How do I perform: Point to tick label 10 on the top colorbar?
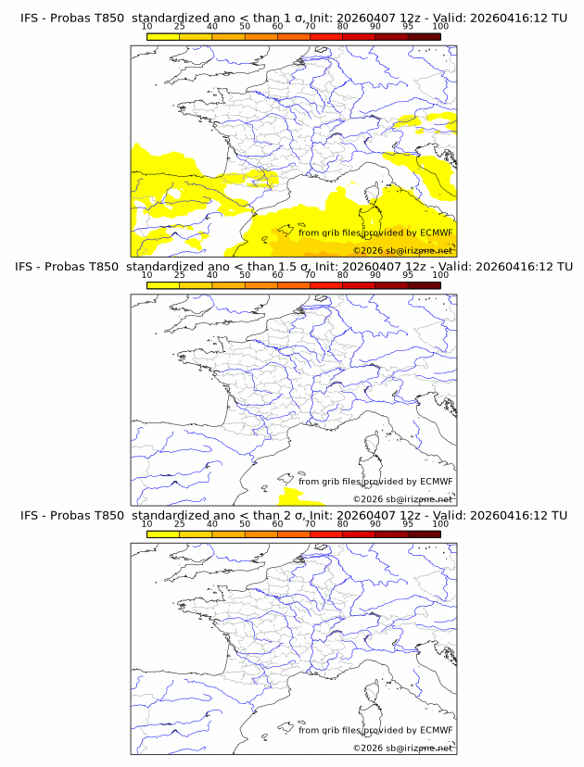click(x=146, y=27)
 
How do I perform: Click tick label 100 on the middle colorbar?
click(x=440, y=275)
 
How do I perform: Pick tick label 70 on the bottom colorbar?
click(x=310, y=523)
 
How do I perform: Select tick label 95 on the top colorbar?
click(x=408, y=27)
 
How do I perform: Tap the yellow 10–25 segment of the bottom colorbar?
click(x=163, y=534)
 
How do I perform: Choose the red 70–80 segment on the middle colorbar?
click(x=325, y=285)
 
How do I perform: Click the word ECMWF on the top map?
click(x=436, y=233)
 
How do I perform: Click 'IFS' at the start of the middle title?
click(x=29, y=267)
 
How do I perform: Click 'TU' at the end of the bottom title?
click(x=558, y=515)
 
